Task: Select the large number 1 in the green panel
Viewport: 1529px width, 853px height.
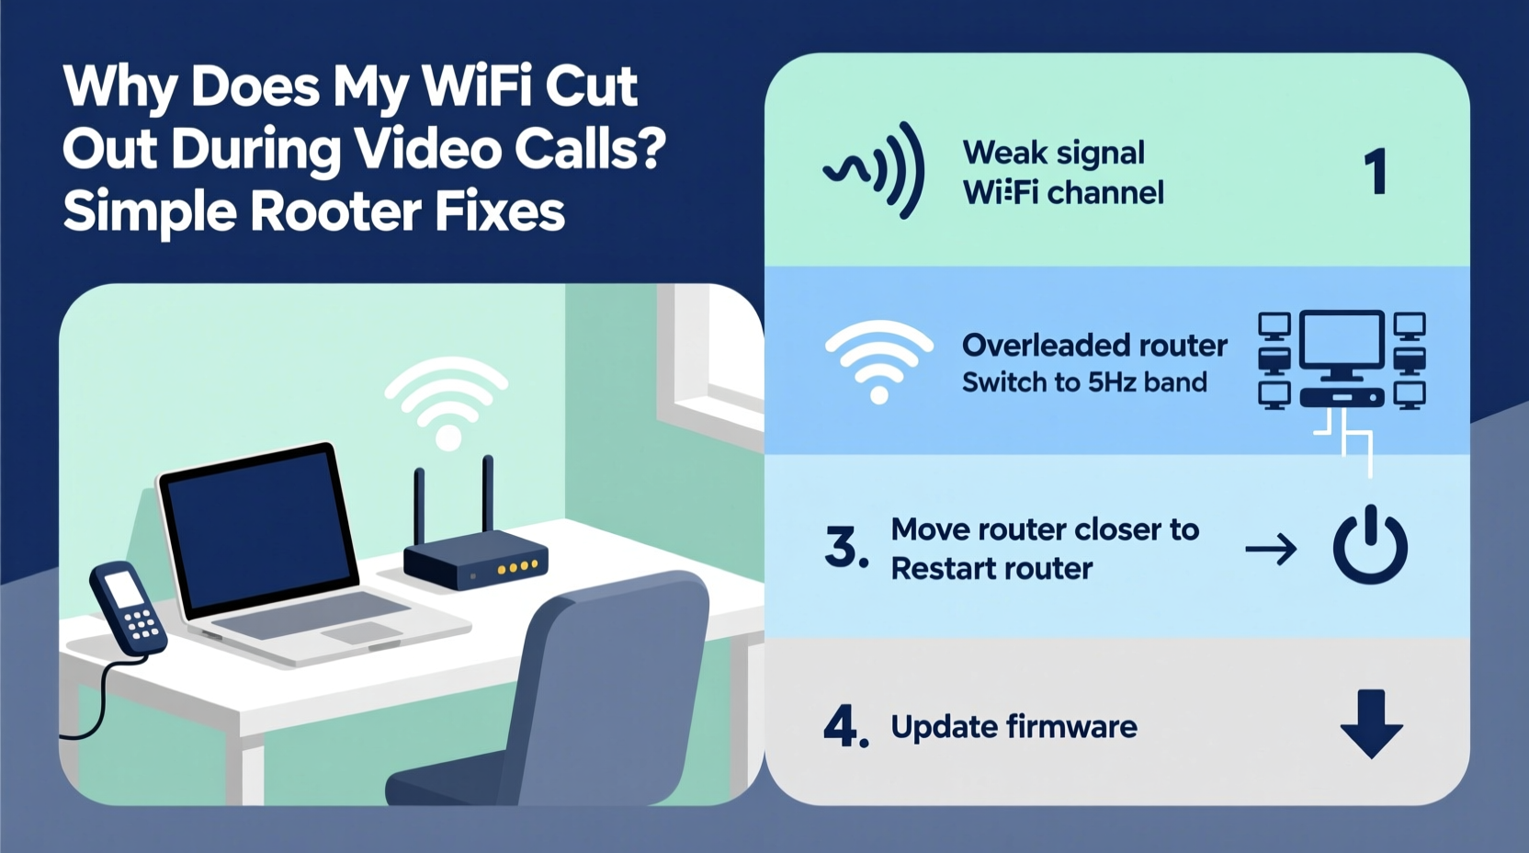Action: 1375,172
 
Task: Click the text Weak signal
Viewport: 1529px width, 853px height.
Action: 1053,153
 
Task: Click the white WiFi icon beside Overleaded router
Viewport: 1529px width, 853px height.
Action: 878,361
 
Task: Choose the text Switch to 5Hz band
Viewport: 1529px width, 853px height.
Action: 1084,382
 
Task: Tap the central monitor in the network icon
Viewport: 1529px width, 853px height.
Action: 1342,342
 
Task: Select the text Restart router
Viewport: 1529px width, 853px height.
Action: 991,569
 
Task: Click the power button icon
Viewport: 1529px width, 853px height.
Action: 1370,545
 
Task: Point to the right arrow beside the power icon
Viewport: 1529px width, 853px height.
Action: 1271,550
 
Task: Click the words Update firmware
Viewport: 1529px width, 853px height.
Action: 1014,727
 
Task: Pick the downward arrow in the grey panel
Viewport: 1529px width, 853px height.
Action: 1371,723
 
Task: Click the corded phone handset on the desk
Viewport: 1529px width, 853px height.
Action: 128,608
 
